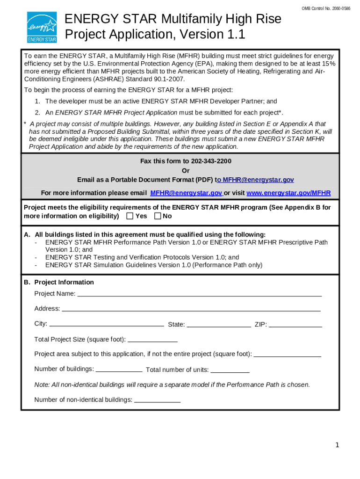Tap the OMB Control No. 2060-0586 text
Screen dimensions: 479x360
[326, 9]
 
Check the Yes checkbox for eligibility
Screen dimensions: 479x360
[130, 216]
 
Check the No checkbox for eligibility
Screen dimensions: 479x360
[158, 216]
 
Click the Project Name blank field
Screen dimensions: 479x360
[199, 294]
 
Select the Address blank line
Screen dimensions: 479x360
[191, 309]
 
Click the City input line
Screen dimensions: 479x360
[106, 324]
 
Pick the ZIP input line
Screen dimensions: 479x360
[295, 325]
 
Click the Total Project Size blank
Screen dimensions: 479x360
[152, 340]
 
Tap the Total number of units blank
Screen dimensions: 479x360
[230, 370]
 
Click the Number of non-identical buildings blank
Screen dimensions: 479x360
[157, 400]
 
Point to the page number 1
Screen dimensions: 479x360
[337, 445]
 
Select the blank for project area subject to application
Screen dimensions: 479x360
[287, 354]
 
